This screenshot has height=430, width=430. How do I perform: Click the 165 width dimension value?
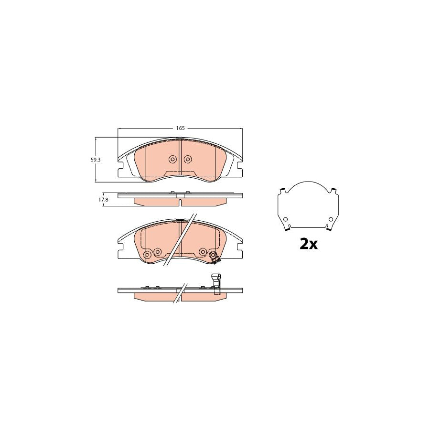[180, 128]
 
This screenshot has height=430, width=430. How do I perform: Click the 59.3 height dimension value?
[96, 160]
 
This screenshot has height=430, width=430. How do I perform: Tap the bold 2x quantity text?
[308, 244]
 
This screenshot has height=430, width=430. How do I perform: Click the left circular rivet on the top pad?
[173, 159]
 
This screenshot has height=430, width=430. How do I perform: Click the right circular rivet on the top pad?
[187, 159]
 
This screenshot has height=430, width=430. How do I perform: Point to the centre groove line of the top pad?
[180, 158]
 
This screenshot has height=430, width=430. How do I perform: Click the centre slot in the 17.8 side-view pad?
[180, 201]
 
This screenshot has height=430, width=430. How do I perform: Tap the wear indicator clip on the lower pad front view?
[216, 259]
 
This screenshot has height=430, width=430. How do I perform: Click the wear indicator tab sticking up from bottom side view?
[216, 279]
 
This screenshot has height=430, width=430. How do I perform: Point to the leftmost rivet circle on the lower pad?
[147, 256]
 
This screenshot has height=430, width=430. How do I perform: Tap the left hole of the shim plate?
[285, 220]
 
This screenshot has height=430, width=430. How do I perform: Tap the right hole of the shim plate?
[330, 220]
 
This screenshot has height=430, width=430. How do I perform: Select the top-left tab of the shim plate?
[283, 191]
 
